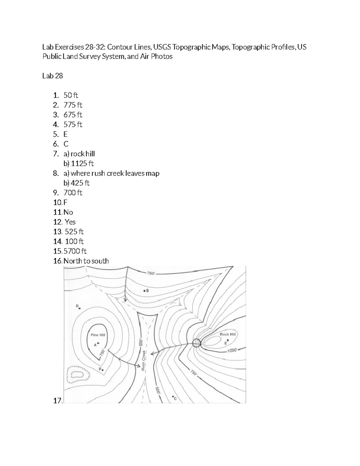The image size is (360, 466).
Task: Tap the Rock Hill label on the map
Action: [228, 334]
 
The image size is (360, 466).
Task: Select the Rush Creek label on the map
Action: [143, 360]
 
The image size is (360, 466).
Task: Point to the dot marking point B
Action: [144, 291]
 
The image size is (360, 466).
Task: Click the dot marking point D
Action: [79, 308]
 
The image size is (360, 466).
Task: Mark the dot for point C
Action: [173, 397]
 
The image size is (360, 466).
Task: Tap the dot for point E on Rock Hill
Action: [228, 340]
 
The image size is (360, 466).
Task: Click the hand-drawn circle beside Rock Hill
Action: [196, 343]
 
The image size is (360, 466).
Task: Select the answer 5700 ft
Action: [75, 251]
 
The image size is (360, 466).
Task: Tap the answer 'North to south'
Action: [86, 261]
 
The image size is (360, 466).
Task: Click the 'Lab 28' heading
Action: [52, 76]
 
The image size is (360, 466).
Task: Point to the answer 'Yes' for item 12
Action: [70, 222]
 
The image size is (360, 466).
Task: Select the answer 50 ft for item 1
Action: [71, 95]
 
